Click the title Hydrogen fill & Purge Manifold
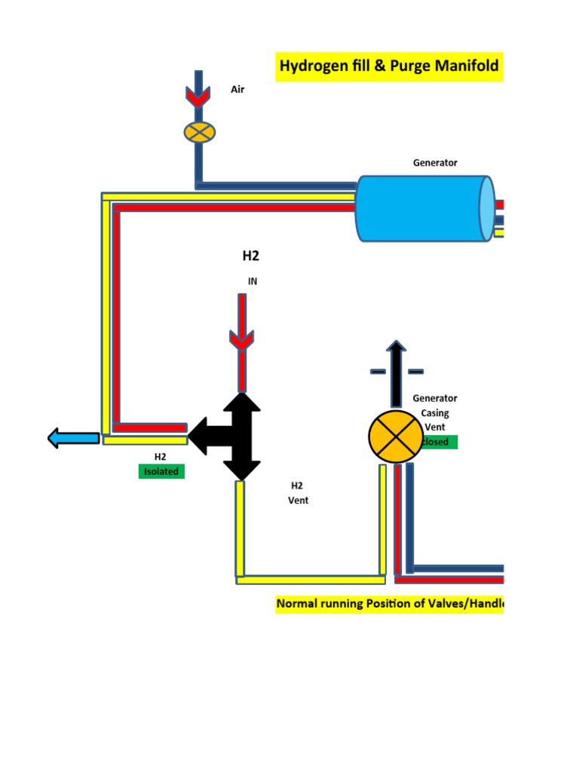[389, 66]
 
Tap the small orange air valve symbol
[200, 132]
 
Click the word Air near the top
[237, 89]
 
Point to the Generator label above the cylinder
[435, 162]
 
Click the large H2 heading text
[250, 256]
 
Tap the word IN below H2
[253, 281]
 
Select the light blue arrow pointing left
[73, 437]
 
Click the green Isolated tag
[161, 471]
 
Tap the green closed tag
[440, 442]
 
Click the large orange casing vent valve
[395, 437]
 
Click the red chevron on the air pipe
[199, 96]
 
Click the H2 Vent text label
[299, 493]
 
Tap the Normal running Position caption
[389, 604]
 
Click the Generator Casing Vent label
[435, 412]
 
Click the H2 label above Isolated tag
[161, 456]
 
